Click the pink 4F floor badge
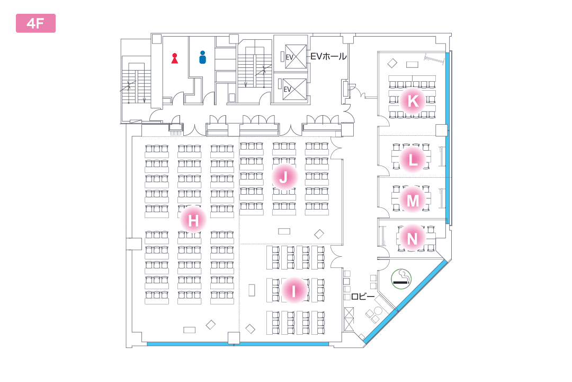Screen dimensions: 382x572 point(35,23)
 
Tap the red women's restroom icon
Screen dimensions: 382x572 point(175,57)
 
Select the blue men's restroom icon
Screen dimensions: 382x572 point(202,57)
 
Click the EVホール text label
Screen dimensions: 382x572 point(328,56)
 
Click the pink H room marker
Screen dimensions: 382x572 point(193,220)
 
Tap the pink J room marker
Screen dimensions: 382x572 point(283,177)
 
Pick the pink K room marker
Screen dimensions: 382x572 point(413,101)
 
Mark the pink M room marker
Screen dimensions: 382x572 point(413,201)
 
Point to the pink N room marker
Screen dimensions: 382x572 point(413,238)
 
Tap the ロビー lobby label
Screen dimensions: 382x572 point(363,296)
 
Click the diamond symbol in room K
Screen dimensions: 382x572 point(392,63)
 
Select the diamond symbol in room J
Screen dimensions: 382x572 point(319,233)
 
